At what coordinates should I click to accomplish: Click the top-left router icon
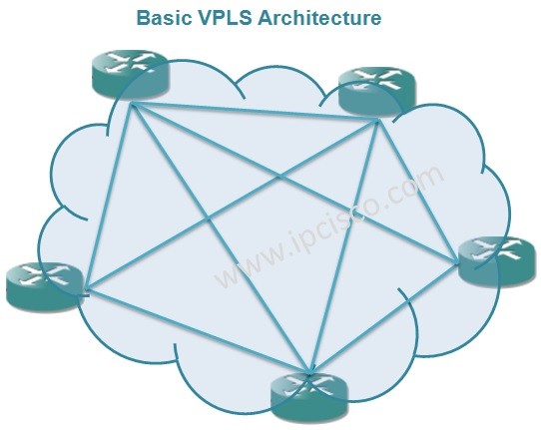131,75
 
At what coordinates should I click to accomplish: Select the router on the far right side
496,261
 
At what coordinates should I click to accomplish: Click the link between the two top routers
250,111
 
